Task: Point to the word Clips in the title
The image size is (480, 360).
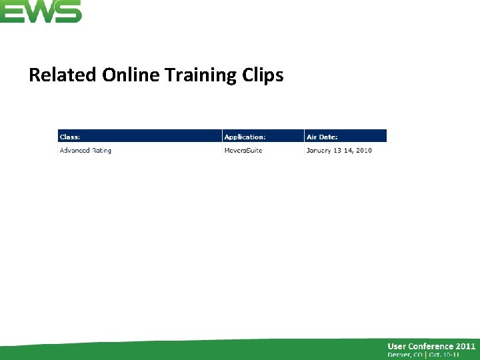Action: pos(263,75)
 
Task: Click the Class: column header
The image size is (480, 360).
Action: pos(70,137)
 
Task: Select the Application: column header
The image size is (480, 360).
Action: pos(245,137)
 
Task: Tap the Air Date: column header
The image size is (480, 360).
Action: pos(322,137)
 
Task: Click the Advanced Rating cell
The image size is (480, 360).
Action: pos(85,151)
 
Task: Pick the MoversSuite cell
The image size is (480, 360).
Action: pos(243,151)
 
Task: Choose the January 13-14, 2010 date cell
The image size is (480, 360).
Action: pos(339,151)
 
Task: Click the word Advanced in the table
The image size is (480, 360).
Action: pos(75,151)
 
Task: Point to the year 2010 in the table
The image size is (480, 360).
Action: pos(363,151)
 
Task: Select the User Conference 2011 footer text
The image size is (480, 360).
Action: pos(431,346)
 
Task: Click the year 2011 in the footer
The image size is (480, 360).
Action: pos(465,346)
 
